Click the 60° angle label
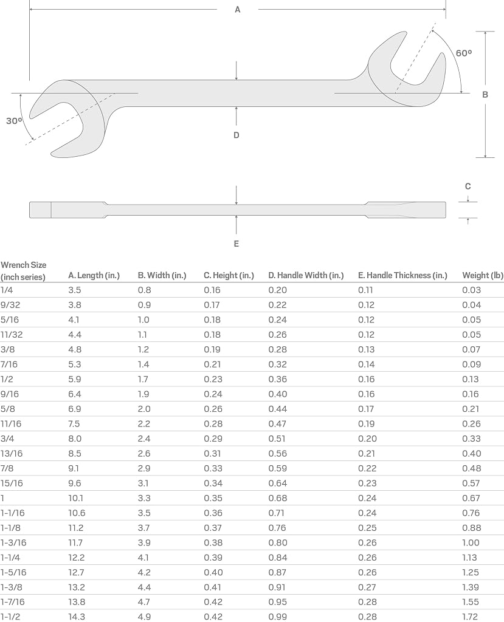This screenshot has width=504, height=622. tap(463, 53)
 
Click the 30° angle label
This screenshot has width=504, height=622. tap(15, 121)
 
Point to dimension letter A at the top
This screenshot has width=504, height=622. tap(238, 10)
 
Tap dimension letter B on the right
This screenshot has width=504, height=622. tap(485, 95)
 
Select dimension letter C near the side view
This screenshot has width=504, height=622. tap(468, 186)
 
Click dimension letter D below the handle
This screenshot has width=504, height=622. tap(236, 135)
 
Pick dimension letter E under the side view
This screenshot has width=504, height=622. tap(236, 244)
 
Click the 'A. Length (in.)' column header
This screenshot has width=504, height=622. tap(94, 275)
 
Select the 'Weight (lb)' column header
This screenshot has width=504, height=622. tap(483, 275)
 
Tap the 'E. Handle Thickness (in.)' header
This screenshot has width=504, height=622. tap(402, 275)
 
